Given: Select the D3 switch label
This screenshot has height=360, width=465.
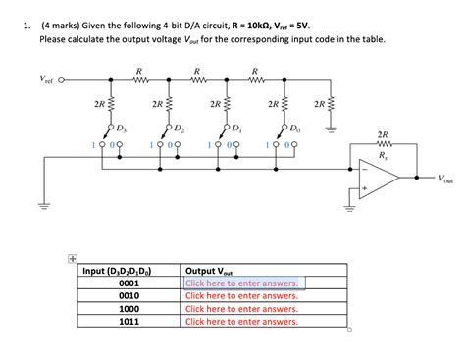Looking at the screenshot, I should pyautogui.click(x=121, y=129).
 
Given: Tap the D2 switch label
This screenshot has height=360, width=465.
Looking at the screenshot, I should pyautogui.click(x=178, y=129).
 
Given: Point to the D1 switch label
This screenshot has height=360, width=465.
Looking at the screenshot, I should pyautogui.click(x=236, y=129).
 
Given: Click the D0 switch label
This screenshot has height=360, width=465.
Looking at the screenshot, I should pyautogui.click(x=294, y=129).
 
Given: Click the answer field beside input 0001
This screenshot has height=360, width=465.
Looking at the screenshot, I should pyautogui.click(x=244, y=283).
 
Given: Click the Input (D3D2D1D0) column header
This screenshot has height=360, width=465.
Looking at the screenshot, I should pyautogui.click(x=124, y=271).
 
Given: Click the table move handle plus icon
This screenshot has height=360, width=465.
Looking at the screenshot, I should pyautogui.click(x=72, y=259).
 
